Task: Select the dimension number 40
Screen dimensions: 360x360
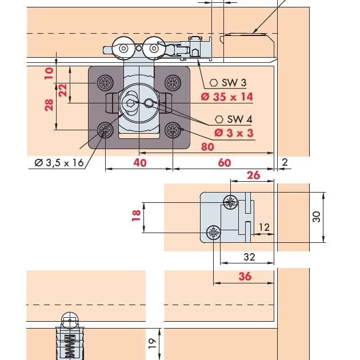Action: click(140, 163)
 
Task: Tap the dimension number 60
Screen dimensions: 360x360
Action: click(225, 163)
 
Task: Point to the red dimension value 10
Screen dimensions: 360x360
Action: click(49, 73)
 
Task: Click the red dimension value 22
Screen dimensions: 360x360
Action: click(63, 89)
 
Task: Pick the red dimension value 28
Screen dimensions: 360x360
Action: click(49, 105)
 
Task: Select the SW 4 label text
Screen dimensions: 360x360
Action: click(239, 119)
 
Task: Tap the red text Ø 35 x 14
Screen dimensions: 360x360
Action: click(227, 97)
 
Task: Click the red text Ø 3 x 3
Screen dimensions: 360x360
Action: click(234, 133)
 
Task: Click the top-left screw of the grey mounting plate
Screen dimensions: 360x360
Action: click(105, 83)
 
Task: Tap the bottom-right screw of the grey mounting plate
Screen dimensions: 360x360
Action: click(173, 131)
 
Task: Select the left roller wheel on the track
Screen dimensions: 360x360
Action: click(122, 50)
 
